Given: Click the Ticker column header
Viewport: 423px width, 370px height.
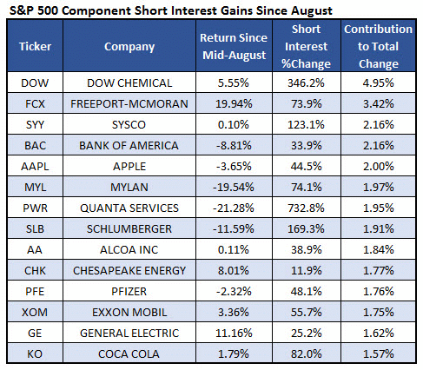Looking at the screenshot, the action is point(35,46).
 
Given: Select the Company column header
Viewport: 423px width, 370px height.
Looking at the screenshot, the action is point(129,47).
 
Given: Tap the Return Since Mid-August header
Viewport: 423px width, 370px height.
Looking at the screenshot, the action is point(234,46).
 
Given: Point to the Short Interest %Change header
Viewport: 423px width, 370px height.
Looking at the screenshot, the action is point(306,46).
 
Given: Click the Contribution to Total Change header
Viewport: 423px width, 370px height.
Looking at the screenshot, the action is point(378,46).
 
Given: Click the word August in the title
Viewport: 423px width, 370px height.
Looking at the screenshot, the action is point(312,11).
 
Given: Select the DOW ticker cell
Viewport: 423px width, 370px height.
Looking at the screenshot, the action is point(35,83).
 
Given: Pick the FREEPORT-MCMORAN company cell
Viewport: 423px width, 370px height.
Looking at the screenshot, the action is point(129,104).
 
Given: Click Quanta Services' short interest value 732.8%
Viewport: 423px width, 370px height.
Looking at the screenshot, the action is point(306,208).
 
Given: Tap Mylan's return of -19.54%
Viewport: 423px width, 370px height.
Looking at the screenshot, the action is point(234,188).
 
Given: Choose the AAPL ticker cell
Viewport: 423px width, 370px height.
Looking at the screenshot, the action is point(35,167).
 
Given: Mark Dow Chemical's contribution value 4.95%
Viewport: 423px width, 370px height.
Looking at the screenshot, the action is point(378,83).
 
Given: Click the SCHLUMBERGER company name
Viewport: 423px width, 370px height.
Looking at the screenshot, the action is point(129,229).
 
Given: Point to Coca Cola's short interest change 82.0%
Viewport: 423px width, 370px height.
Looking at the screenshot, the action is point(306,354).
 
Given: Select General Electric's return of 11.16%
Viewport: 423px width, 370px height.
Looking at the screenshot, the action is point(234,334).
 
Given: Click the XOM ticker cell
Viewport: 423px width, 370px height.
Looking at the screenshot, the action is point(35,313).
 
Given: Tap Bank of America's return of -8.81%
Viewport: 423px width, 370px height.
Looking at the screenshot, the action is point(234,146).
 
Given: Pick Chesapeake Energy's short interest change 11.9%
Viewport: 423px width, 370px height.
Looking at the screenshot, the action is point(306,271).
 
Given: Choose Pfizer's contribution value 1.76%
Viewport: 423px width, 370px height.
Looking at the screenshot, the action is point(378,292).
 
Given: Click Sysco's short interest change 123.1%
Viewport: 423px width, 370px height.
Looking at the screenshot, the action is point(306,125).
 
